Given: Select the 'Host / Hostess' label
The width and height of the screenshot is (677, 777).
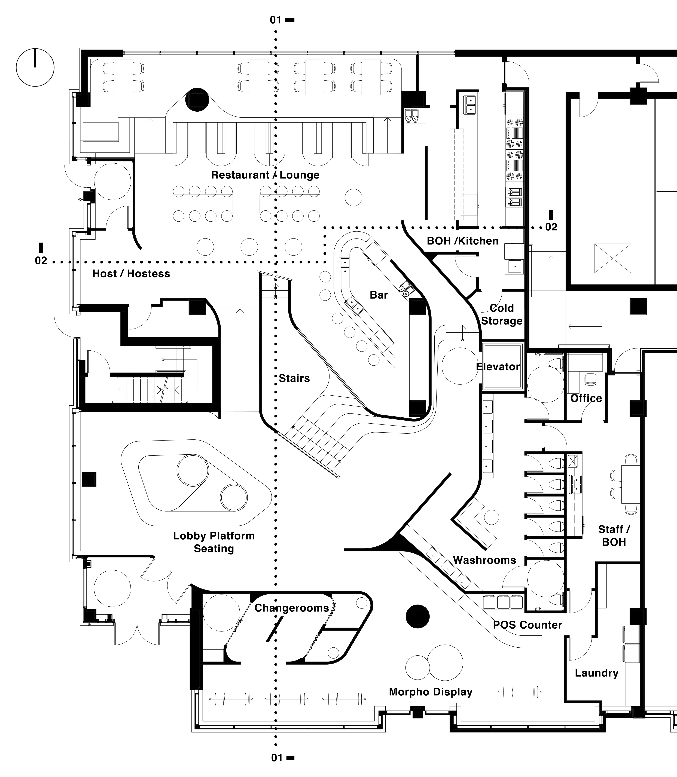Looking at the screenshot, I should point(131,273).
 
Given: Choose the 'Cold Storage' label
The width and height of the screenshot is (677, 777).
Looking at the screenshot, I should point(502,314).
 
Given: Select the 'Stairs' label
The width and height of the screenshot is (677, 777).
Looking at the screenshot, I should point(294,378).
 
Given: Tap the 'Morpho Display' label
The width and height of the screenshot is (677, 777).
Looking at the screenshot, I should point(431,692).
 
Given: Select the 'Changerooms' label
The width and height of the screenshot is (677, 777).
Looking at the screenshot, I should point(292,608).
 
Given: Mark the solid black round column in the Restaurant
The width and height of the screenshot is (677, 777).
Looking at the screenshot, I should point(197,100).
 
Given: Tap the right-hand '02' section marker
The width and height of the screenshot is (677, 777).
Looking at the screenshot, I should point(551,227).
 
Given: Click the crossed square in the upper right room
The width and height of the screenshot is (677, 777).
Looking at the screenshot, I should point(612,258).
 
